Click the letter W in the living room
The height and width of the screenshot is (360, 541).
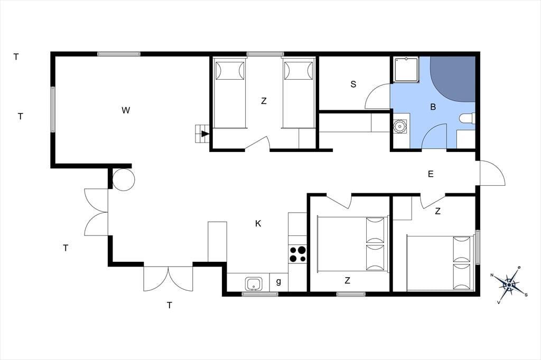pos(126,110)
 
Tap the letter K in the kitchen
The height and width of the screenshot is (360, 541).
pos(258,224)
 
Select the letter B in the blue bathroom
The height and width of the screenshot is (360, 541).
pos(433,107)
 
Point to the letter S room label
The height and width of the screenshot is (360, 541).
pos(353,84)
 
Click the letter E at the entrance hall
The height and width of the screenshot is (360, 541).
pos(431,174)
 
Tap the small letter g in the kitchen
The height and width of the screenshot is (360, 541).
pos(278,282)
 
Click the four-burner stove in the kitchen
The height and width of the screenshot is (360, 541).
pos(297,254)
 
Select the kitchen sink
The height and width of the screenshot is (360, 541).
pos(254,285)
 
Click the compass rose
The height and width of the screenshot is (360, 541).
pos(509,285)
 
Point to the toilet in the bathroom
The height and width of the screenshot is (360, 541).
pos(468,119)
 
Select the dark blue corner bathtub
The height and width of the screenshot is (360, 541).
pos(453,79)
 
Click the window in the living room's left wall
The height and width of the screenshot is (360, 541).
pos(53,109)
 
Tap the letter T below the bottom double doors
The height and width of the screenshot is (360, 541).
pos(170,306)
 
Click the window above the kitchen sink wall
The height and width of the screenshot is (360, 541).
pos(260,294)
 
